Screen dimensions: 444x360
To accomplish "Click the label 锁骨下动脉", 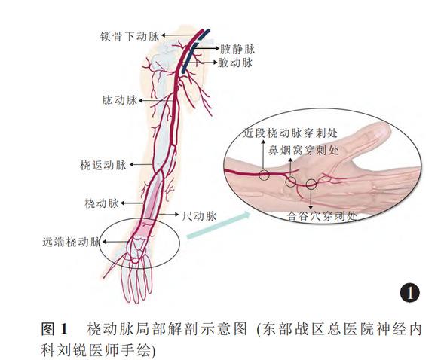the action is click(x=130, y=36).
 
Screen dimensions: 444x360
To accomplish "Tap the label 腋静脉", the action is click(x=237, y=49).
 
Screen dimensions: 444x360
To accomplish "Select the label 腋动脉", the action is click(x=235, y=63).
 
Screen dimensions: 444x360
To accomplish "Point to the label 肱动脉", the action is click(x=120, y=100).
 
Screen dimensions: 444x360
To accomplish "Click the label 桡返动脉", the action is click(x=103, y=165).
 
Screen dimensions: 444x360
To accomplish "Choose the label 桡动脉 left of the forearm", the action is click(x=102, y=203).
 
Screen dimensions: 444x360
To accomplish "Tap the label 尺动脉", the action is click(x=199, y=215).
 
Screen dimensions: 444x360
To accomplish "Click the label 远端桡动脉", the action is click(x=72, y=242).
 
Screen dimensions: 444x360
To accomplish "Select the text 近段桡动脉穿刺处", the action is click(x=290, y=133).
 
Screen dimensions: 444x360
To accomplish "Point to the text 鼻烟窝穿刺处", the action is click(x=304, y=150).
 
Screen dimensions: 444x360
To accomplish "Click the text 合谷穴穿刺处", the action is click(x=322, y=216).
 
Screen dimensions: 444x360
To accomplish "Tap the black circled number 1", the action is click(x=410, y=292).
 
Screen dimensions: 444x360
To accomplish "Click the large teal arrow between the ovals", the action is click(x=219, y=225).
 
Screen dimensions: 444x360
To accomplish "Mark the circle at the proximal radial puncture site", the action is click(x=264, y=175).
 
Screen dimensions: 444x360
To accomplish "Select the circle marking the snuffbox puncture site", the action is click(x=290, y=182).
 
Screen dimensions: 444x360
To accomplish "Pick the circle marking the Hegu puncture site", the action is click(x=311, y=184).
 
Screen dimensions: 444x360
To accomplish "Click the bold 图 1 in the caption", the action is click(x=54, y=329).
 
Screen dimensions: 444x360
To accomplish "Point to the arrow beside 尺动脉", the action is click(x=167, y=215).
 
